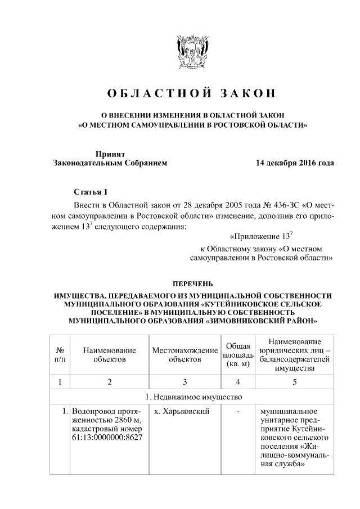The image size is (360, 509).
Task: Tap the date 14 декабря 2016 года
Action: click(x=294, y=163)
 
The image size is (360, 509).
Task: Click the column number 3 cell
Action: click(x=184, y=382)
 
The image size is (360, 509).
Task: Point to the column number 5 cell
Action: click(x=295, y=382)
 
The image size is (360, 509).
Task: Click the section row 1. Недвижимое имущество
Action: click(x=192, y=397)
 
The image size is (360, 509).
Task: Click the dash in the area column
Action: click(x=238, y=412)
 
